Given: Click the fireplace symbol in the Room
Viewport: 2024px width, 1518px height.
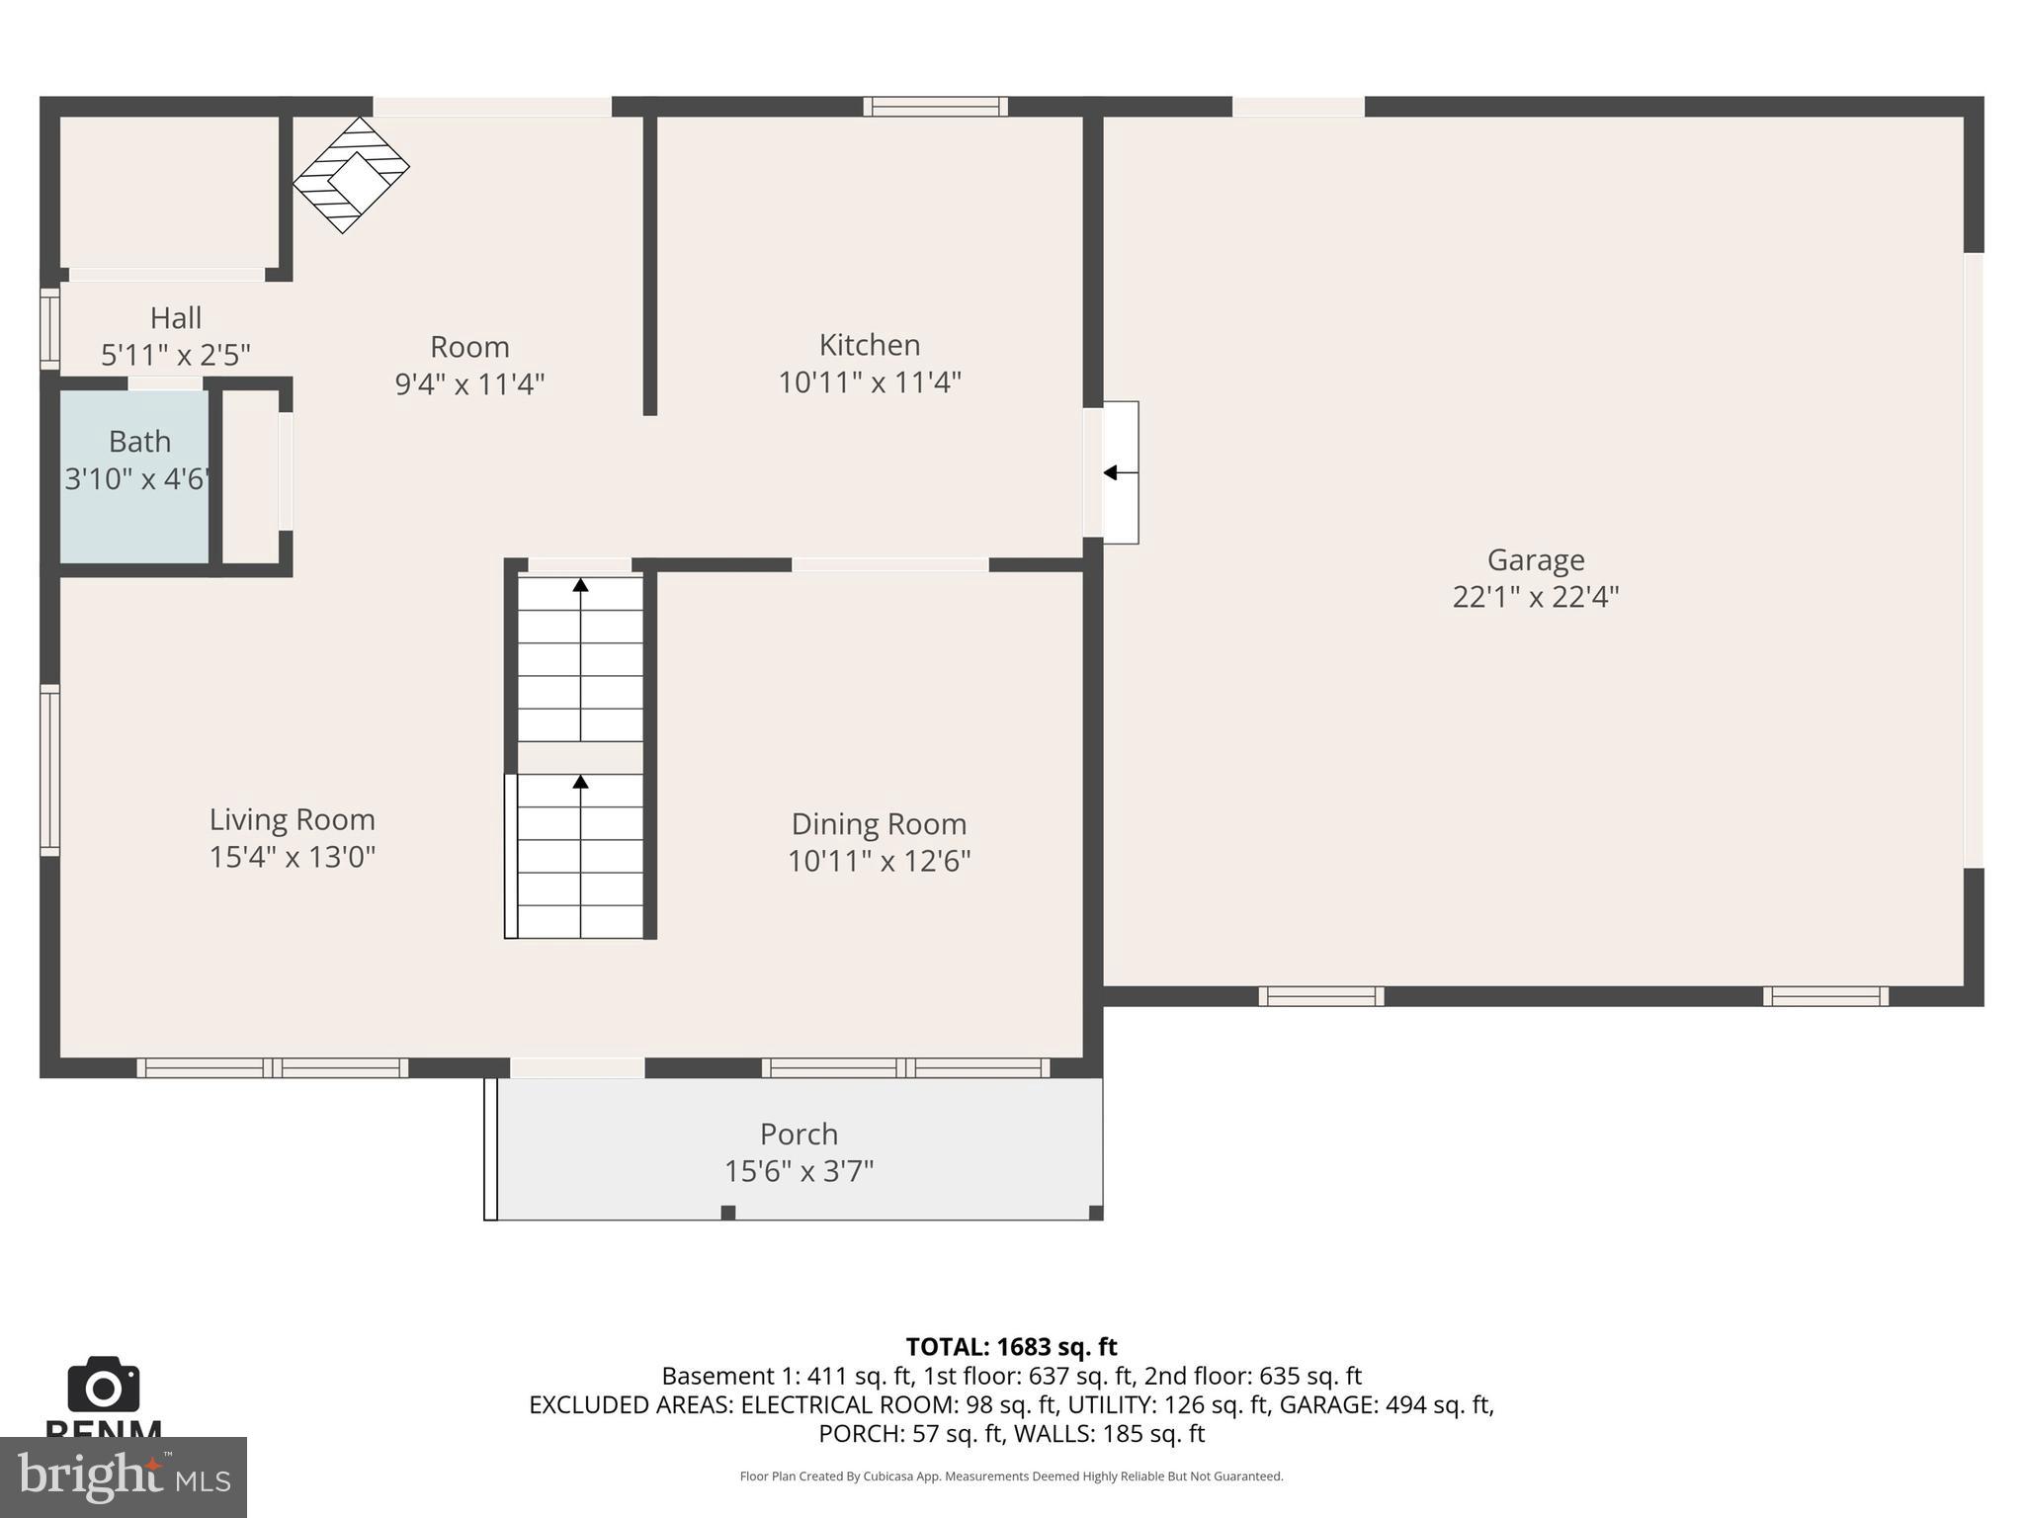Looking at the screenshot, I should (351, 175).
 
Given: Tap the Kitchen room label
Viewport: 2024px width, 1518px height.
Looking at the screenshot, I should (870, 345).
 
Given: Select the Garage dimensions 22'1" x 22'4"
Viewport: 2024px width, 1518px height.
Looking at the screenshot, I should (1535, 597).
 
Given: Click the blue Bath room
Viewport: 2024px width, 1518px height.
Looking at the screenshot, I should (134, 477).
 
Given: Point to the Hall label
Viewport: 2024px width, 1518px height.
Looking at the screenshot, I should (176, 318).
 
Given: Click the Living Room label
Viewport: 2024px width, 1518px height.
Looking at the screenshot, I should (292, 819).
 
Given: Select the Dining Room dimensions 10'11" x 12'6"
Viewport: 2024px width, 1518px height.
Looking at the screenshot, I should (879, 861).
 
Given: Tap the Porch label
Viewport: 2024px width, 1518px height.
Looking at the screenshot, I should (799, 1134).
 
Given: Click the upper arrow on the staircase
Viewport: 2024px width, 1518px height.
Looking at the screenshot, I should (581, 586).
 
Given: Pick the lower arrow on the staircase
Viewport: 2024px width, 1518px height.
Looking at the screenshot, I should (581, 783).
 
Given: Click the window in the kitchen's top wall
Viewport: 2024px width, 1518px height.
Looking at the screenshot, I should (935, 107).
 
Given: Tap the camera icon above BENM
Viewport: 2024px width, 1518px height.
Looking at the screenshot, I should (103, 1386).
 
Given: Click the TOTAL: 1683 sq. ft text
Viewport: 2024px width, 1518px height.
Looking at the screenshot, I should (1011, 1347).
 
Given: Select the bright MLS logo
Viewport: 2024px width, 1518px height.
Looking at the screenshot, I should (124, 1476).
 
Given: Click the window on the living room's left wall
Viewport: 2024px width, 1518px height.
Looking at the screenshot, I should (49, 769).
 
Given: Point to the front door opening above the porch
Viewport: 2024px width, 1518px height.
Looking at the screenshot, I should (577, 1067).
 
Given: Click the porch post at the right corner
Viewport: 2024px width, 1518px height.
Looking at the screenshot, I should (1095, 1213).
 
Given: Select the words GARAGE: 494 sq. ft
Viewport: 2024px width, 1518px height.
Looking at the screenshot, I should (1386, 1404).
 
